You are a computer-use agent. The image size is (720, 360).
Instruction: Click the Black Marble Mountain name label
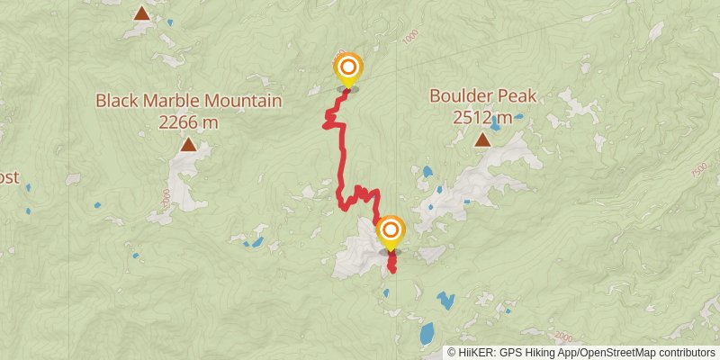[189, 101]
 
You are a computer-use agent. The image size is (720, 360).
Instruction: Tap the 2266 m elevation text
[189, 121]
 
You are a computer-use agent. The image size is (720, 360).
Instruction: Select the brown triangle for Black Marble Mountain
[188, 144]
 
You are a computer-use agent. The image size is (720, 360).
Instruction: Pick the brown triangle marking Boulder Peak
[483, 139]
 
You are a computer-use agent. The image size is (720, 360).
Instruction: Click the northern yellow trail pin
[348, 68]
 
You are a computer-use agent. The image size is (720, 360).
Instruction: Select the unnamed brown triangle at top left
[141, 13]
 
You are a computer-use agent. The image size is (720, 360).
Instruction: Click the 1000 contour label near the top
[412, 38]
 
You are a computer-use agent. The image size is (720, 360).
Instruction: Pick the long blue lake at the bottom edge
[426, 334]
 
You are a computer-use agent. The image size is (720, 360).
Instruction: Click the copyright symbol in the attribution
[453, 353]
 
